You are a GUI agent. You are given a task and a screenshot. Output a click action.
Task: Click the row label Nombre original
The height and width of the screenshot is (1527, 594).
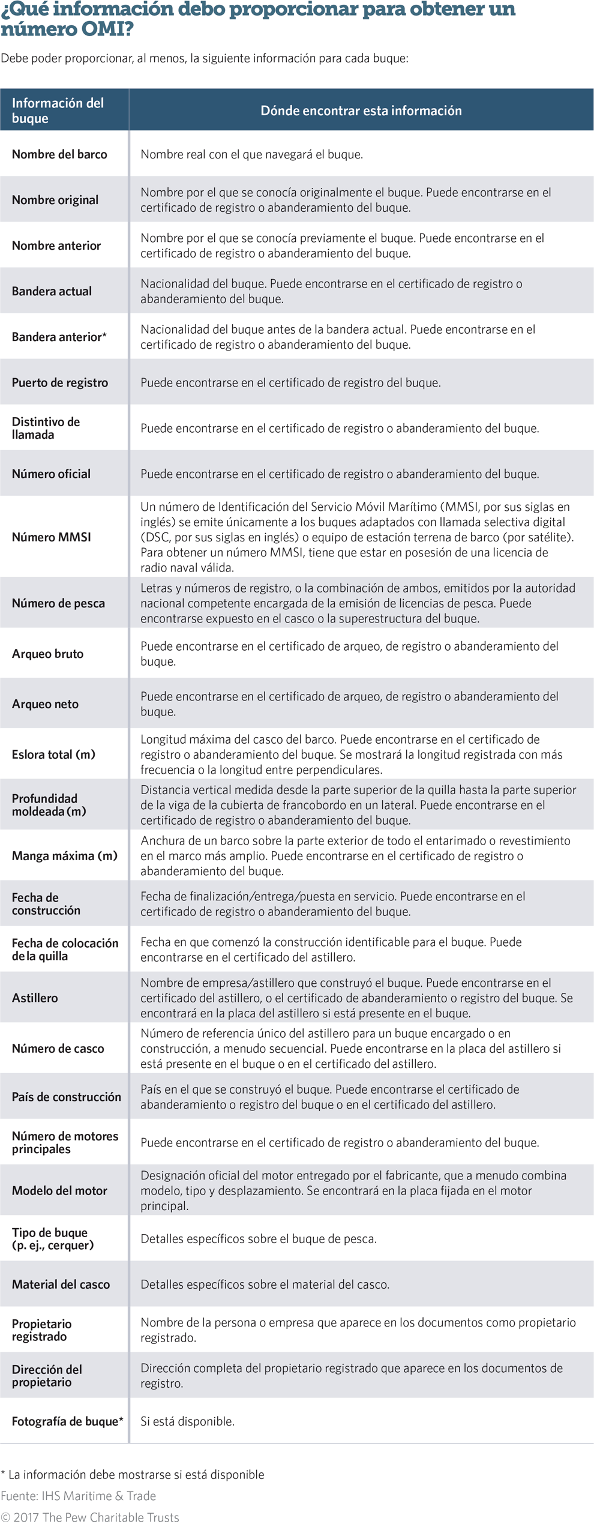[x=55, y=200]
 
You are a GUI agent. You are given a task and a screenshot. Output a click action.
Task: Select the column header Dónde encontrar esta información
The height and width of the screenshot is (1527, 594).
[x=361, y=110]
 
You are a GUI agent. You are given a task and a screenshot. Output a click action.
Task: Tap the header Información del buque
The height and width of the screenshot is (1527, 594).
[x=58, y=110]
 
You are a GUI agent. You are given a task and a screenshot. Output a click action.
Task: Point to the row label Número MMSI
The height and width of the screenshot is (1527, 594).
[x=52, y=537]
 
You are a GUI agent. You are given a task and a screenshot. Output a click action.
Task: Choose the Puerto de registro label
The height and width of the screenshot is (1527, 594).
[x=60, y=382]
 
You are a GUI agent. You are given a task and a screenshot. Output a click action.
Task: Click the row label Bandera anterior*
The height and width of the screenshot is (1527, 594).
[x=59, y=337]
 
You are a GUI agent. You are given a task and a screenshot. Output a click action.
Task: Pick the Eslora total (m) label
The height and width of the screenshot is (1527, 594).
[x=53, y=754]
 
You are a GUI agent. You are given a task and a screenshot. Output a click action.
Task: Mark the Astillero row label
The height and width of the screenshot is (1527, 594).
[x=35, y=998]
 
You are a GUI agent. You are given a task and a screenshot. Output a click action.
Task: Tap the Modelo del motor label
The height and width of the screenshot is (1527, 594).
[x=59, y=1190]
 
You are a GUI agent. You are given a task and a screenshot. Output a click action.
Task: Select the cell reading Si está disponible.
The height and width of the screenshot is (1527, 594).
[x=187, y=1421]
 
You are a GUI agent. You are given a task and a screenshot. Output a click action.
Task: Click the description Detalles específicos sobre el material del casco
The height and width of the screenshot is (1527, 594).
[x=265, y=1284]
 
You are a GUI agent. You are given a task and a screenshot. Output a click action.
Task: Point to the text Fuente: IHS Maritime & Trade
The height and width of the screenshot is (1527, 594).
[x=78, y=1495]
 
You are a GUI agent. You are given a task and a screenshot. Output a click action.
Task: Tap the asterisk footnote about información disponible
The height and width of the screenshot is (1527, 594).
[x=133, y=1474]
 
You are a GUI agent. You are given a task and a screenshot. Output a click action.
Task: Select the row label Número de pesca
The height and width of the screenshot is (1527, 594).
[x=58, y=603]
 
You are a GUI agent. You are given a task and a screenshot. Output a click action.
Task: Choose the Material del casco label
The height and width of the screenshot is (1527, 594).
[x=61, y=1284]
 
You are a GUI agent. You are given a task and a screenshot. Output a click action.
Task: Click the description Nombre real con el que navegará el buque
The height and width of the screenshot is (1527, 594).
[x=251, y=154]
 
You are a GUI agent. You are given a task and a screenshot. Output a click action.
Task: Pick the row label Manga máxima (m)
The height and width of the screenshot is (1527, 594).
[x=65, y=855]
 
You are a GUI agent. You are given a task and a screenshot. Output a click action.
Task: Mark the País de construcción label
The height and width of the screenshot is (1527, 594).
[x=66, y=1097]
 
